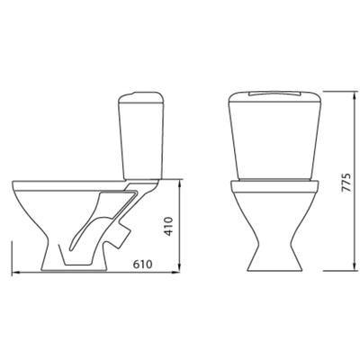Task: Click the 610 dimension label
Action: pyautogui.click(x=143, y=265)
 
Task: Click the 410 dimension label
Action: pyautogui.click(x=169, y=226)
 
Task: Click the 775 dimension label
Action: pyautogui.click(x=346, y=183)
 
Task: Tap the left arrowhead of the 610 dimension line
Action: pyautogui.click(x=15, y=273)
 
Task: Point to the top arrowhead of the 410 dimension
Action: pyautogui.click(x=179, y=184)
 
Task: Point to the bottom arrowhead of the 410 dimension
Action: pyautogui.click(x=179, y=267)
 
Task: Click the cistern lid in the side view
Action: pyautogui.click(x=141, y=97)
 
